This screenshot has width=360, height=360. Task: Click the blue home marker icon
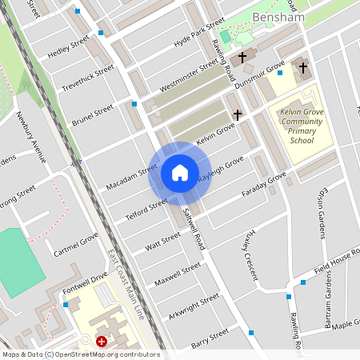pos(179,173)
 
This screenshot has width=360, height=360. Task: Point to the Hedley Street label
pos(70,48)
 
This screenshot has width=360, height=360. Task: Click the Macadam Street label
pos(131,177)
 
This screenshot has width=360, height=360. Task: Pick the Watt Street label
pos(162,240)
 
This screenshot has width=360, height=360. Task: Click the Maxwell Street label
pos(178,273)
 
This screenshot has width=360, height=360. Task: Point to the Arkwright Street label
pos(193,305)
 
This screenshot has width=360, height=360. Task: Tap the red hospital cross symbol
pos(102,342)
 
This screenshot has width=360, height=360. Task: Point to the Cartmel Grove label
pos(77,246)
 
